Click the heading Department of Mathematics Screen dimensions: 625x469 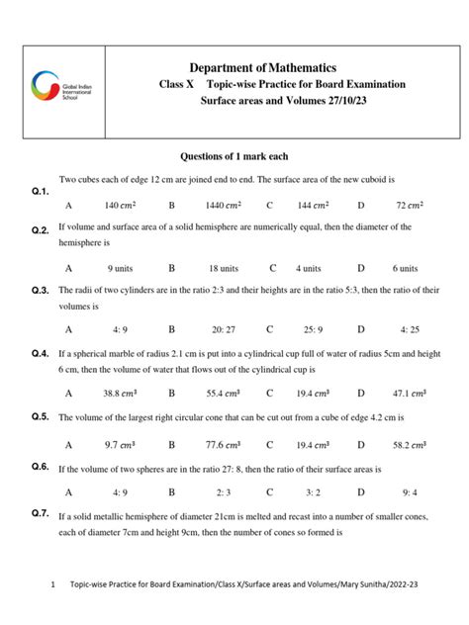[x=270, y=64]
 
